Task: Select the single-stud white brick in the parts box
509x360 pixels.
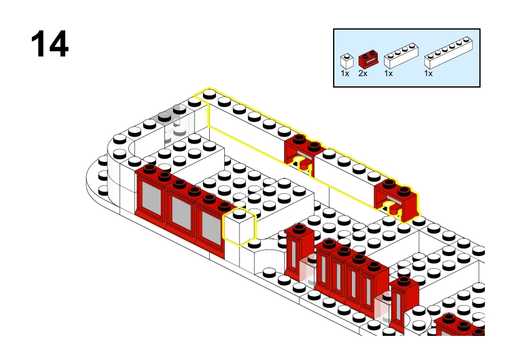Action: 347,61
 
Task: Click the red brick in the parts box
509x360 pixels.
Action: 368,59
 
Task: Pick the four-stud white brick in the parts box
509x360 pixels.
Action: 401,56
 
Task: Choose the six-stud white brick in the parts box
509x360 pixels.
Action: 449,53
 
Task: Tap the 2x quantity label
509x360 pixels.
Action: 363,74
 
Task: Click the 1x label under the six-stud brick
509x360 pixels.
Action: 429,74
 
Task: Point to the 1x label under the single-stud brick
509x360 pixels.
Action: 345,74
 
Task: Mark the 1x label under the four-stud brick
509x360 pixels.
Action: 389,74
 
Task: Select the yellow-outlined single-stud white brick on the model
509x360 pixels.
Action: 239,227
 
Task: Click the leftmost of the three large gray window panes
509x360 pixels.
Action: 151,198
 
